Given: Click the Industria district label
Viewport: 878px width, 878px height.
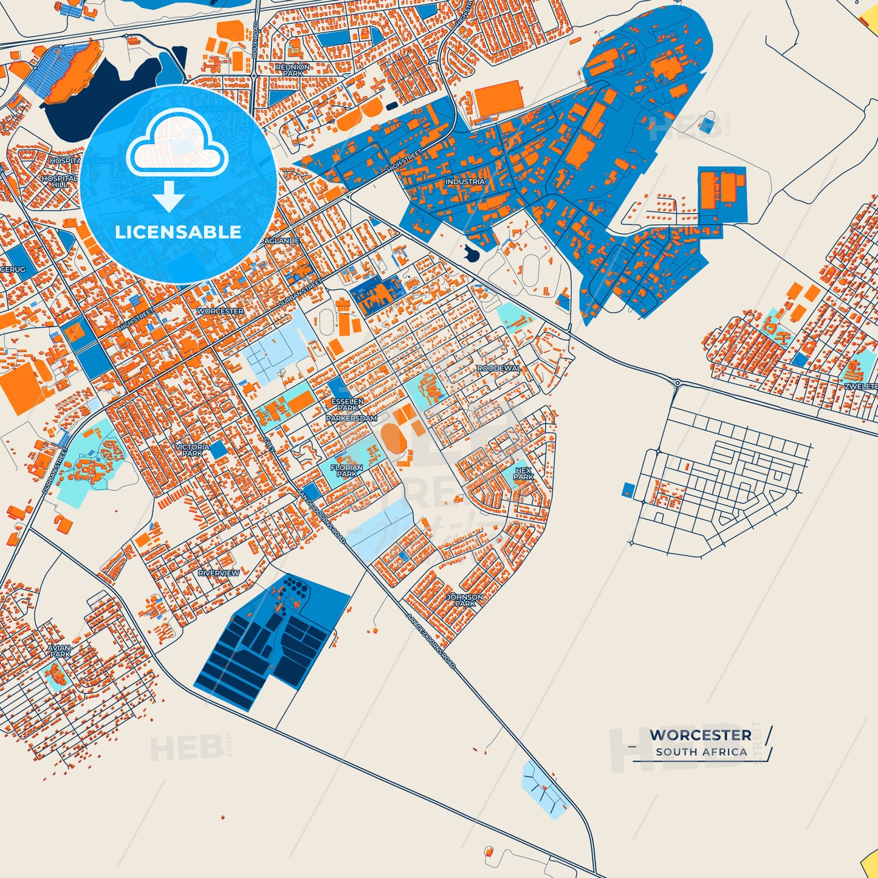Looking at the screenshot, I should (x=465, y=182).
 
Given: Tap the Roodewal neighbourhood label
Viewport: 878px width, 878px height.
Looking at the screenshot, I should (x=499, y=368).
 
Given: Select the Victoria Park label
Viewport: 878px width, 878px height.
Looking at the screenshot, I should (x=192, y=450).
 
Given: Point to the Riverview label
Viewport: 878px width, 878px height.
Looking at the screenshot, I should (x=219, y=573).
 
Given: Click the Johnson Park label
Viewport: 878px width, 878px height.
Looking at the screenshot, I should (x=465, y=600).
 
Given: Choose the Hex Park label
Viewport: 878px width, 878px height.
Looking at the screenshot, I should (x=523, y=473).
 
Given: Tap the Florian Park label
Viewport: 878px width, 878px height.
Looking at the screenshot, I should (x=347, y=470).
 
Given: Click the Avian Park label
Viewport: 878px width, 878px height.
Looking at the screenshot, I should (x=60, y=651).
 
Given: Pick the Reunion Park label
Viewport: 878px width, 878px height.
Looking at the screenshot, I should (x=292, y=70).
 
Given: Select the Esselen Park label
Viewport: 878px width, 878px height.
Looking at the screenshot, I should (x=348, y=405).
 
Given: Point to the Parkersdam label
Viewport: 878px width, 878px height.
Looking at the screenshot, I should (x=351, y=419).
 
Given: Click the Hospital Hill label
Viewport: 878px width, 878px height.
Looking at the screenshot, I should (x=60, y=181).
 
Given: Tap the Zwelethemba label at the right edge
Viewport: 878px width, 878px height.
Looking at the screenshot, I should (x=862, y=386).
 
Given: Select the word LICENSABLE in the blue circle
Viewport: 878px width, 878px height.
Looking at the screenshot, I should (x=178, y=232).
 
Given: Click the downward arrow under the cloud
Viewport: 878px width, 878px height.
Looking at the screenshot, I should (x=168, y=197).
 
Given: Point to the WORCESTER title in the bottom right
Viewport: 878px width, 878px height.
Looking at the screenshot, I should (x=700, y=735).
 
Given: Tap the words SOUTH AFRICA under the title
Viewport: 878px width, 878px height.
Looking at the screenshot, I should (x=701, y=752).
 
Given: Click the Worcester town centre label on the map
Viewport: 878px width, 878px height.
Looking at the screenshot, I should (x=220, y=311).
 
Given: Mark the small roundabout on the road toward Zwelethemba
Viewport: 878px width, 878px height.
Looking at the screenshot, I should (x=677, y=383).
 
